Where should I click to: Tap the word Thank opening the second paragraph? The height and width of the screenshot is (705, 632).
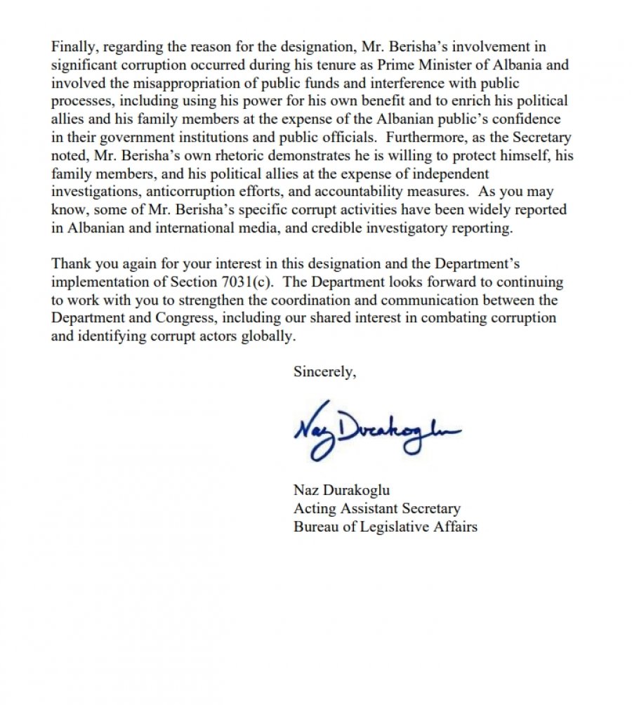pos(71,264)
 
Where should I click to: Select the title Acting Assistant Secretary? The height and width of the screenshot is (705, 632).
pos(376,508)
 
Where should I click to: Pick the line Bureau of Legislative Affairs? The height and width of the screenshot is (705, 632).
pos(385,526)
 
